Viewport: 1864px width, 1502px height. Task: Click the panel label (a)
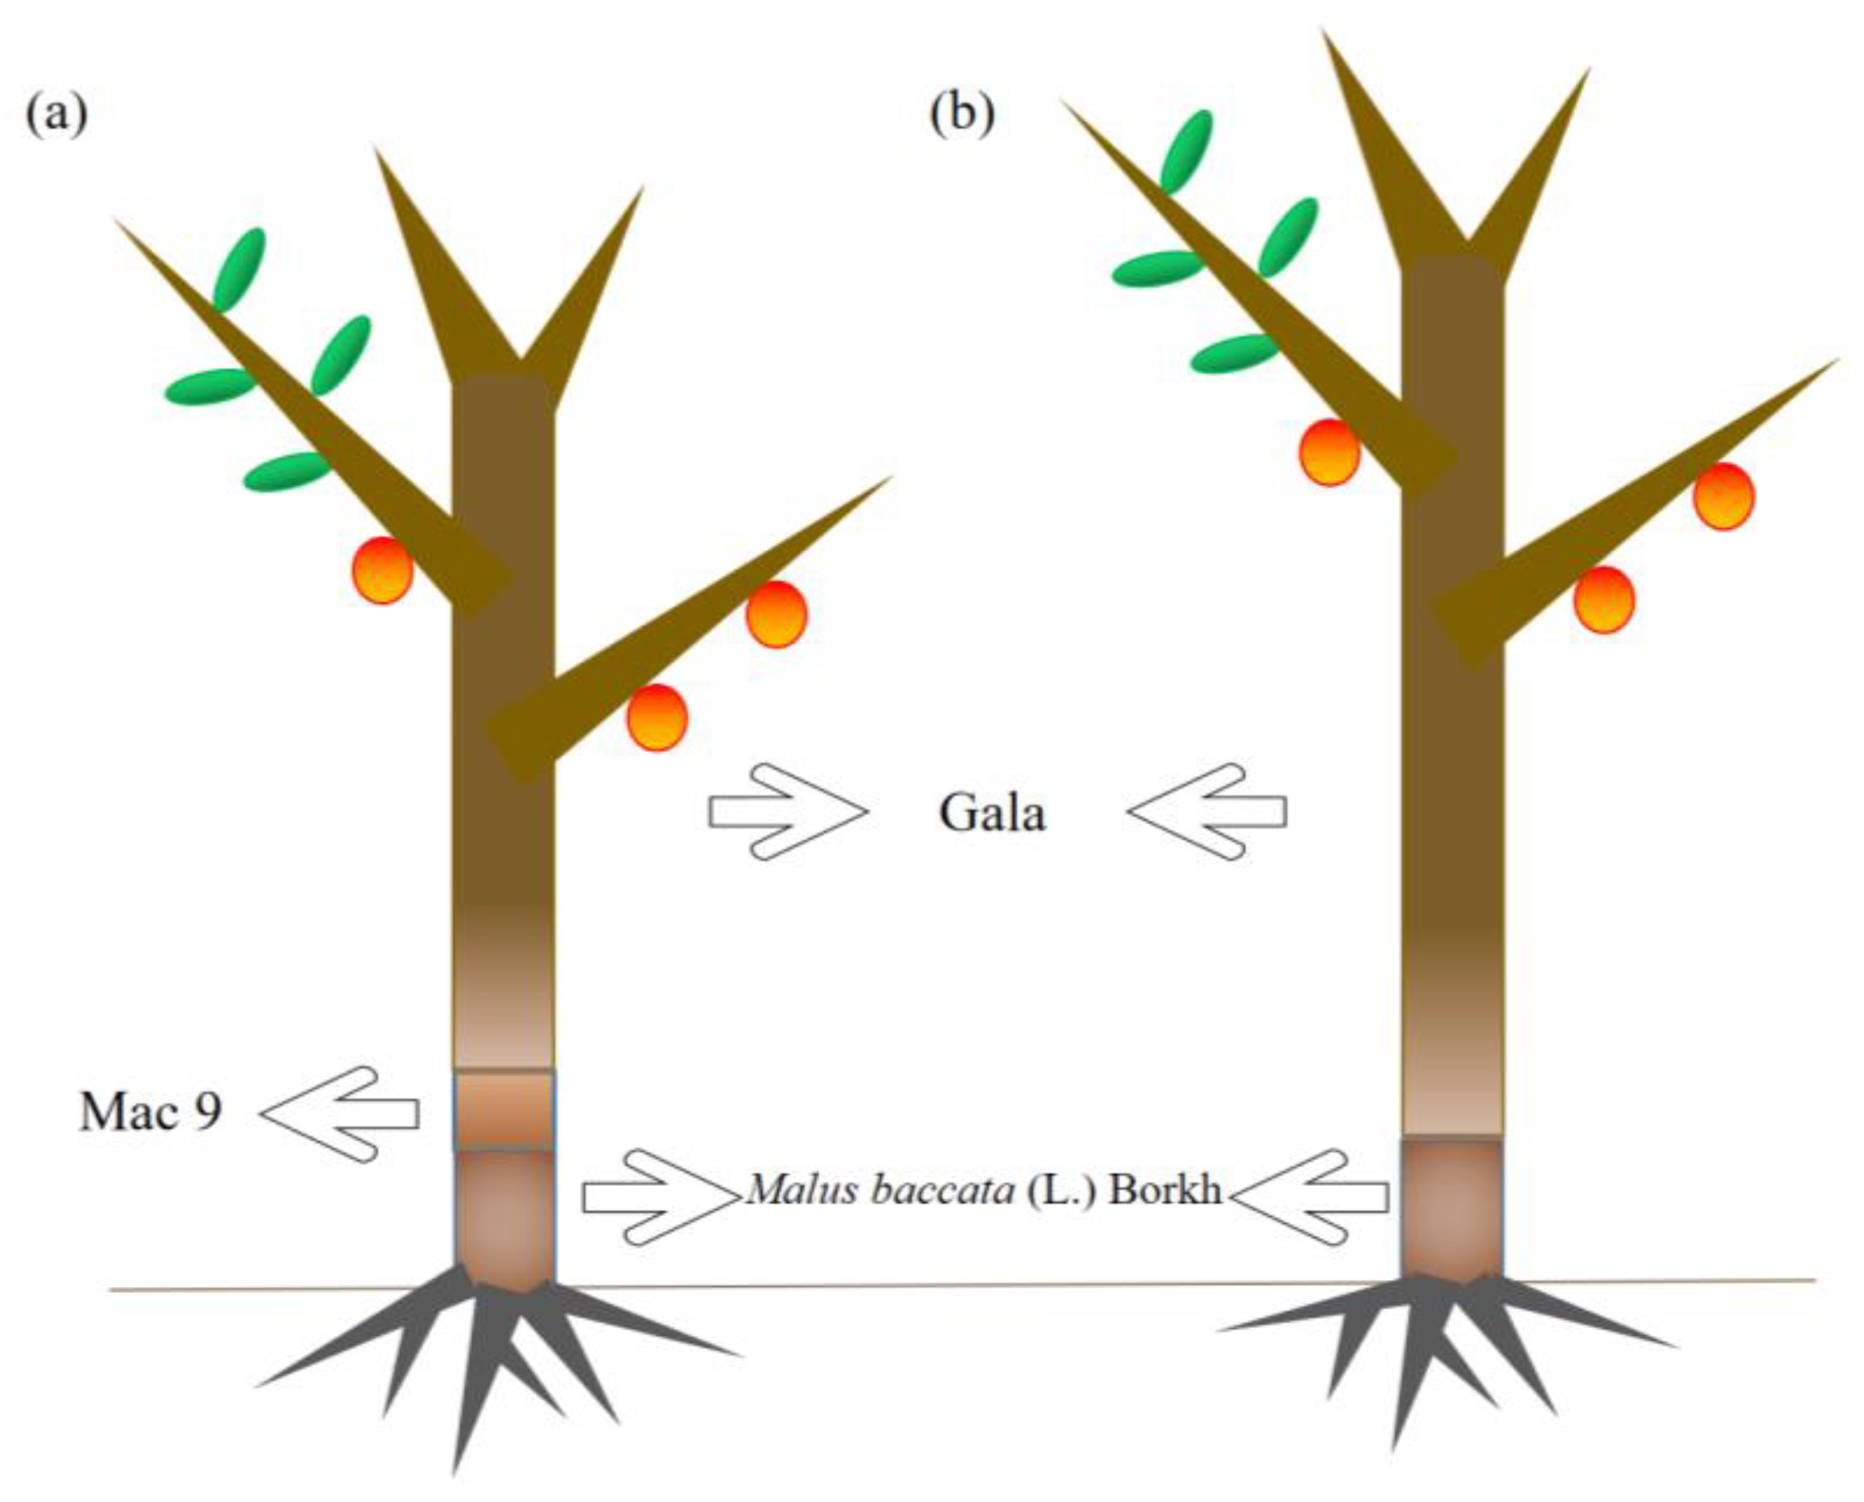(x=56, y=116)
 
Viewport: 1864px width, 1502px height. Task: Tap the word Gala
(x=993, y=813)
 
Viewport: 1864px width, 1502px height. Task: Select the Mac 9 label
(x=151, y=1113)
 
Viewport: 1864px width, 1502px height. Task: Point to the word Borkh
(x=1166, y=1191)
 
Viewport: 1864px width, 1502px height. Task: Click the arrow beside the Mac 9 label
(x=340, y=1114)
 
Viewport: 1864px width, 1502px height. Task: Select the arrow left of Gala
(x=786, y=812)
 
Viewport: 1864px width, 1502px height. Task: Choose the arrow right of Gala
(x=1207, y=812)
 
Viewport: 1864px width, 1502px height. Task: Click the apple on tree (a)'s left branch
(x=381, y=570)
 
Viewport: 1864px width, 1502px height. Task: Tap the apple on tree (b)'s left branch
(x=1329, y=453)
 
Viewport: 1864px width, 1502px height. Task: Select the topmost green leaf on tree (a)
(x=239, y=268)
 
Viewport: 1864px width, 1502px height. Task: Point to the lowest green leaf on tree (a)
(x=287, y=471)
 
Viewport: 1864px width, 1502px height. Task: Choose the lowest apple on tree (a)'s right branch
(x=658, y=718)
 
